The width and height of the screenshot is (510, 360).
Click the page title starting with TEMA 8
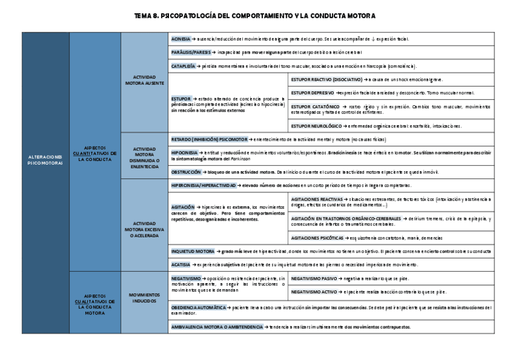(255, 15)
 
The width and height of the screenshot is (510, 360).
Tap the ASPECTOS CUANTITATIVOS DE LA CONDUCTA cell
(94, 153)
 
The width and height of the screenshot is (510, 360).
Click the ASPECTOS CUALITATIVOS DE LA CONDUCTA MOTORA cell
(94, 304)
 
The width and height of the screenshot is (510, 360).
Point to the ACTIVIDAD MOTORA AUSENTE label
(144, 81)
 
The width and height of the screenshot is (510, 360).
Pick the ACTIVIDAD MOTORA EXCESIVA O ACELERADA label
(144, 228)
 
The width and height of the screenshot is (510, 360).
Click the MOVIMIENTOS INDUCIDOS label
(144, 297)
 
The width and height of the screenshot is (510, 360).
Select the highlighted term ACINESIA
(181, 38)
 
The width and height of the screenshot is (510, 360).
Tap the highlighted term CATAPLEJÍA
(183, 66)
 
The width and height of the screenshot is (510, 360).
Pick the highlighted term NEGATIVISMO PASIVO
(314, 278)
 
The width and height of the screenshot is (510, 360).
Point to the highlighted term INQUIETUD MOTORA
(192, 251)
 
